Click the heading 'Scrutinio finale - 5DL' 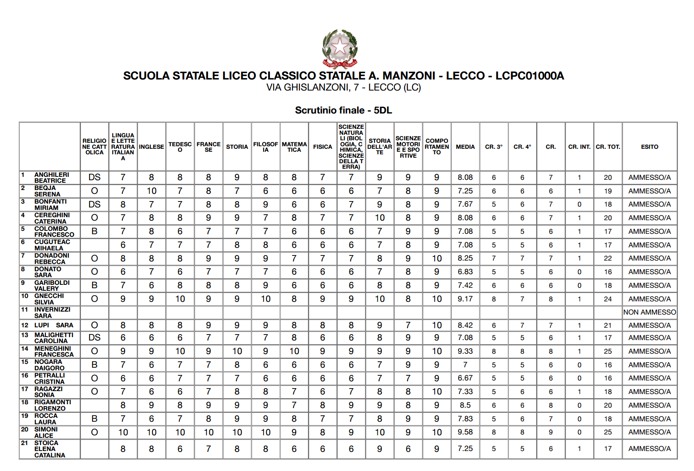[x=343, y=111]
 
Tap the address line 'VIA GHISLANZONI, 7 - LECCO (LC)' [x=343, y=88]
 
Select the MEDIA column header [x=465, y=147]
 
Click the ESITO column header [x=649, y=147]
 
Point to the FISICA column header [x=323, y=147]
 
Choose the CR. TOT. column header [x=608, y=147]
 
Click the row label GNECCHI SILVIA [x=49, y=299]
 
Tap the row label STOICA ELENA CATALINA [x=49, y=449]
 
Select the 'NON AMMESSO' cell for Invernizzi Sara [x=649, y=312]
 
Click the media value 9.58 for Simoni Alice [x=465, y=432]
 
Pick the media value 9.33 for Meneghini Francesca [x=465, y=351]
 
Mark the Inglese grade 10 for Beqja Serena [x=151, y=191]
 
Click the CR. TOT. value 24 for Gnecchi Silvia [x=608, y=299]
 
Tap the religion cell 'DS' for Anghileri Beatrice [x=94, y=177]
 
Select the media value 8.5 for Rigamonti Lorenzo [x=465, y=405]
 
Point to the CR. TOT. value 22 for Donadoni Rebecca [x=608, y=258]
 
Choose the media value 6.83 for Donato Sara [x=465, y=272]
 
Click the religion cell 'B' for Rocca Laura [x=94, y=419]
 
